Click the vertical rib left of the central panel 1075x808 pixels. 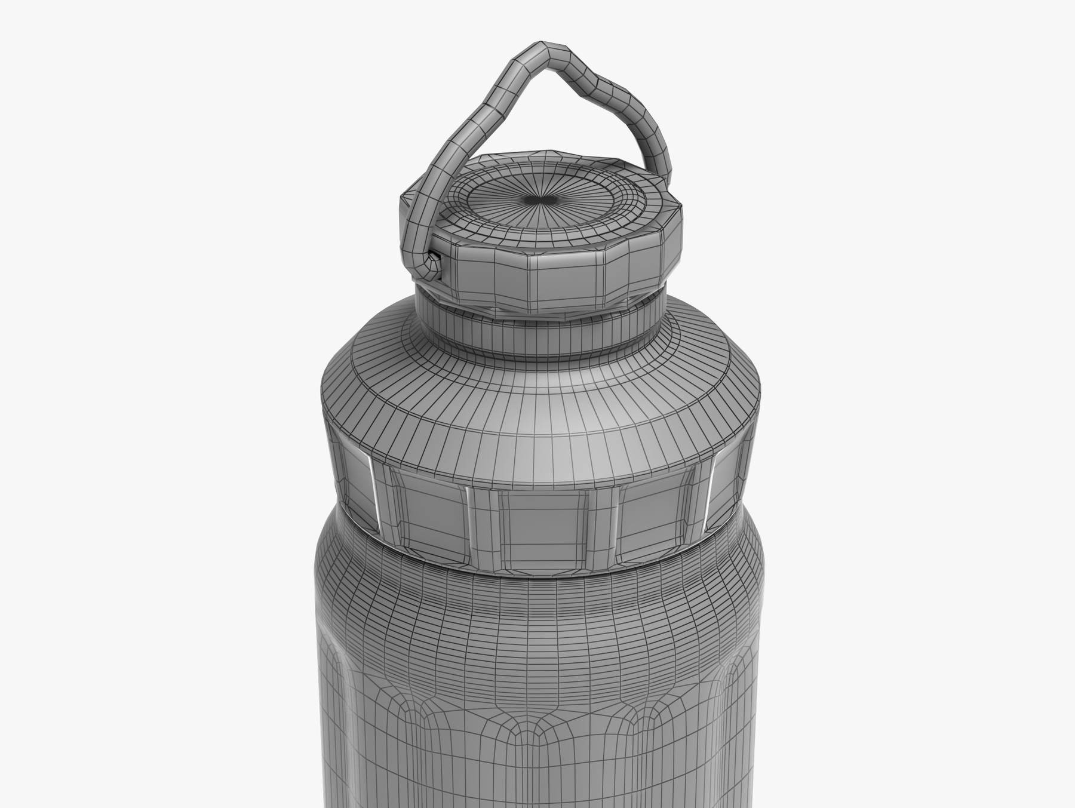[x=482, y=526]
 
